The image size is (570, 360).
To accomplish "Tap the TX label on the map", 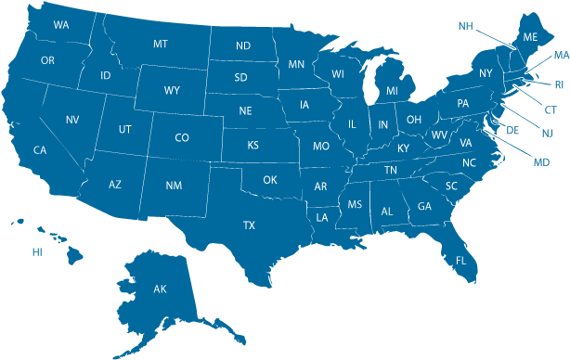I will pos(249,225).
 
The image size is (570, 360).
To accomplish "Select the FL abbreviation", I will pos(460,261).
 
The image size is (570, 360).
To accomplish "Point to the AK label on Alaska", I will pos(160,289).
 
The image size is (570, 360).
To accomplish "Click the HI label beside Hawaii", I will pos(37,251).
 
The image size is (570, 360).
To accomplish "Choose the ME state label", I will pos(530,37).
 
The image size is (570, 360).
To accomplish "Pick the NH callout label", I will pos(466,26).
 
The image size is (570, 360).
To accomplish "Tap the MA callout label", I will pos(561,57).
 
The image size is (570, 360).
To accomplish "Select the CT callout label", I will pos(551,109).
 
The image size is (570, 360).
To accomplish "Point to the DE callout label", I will pos(512,131).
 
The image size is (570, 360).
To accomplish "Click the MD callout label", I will pos(541,162).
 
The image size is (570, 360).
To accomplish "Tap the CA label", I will pos(40,150).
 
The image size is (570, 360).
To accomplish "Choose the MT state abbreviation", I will pos(161,45).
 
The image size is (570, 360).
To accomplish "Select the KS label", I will pos(253,146).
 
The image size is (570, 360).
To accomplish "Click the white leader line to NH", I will pos(496,38).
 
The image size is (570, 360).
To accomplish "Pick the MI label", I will pos(392,91).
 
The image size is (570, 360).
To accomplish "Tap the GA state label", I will pos(424,207).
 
